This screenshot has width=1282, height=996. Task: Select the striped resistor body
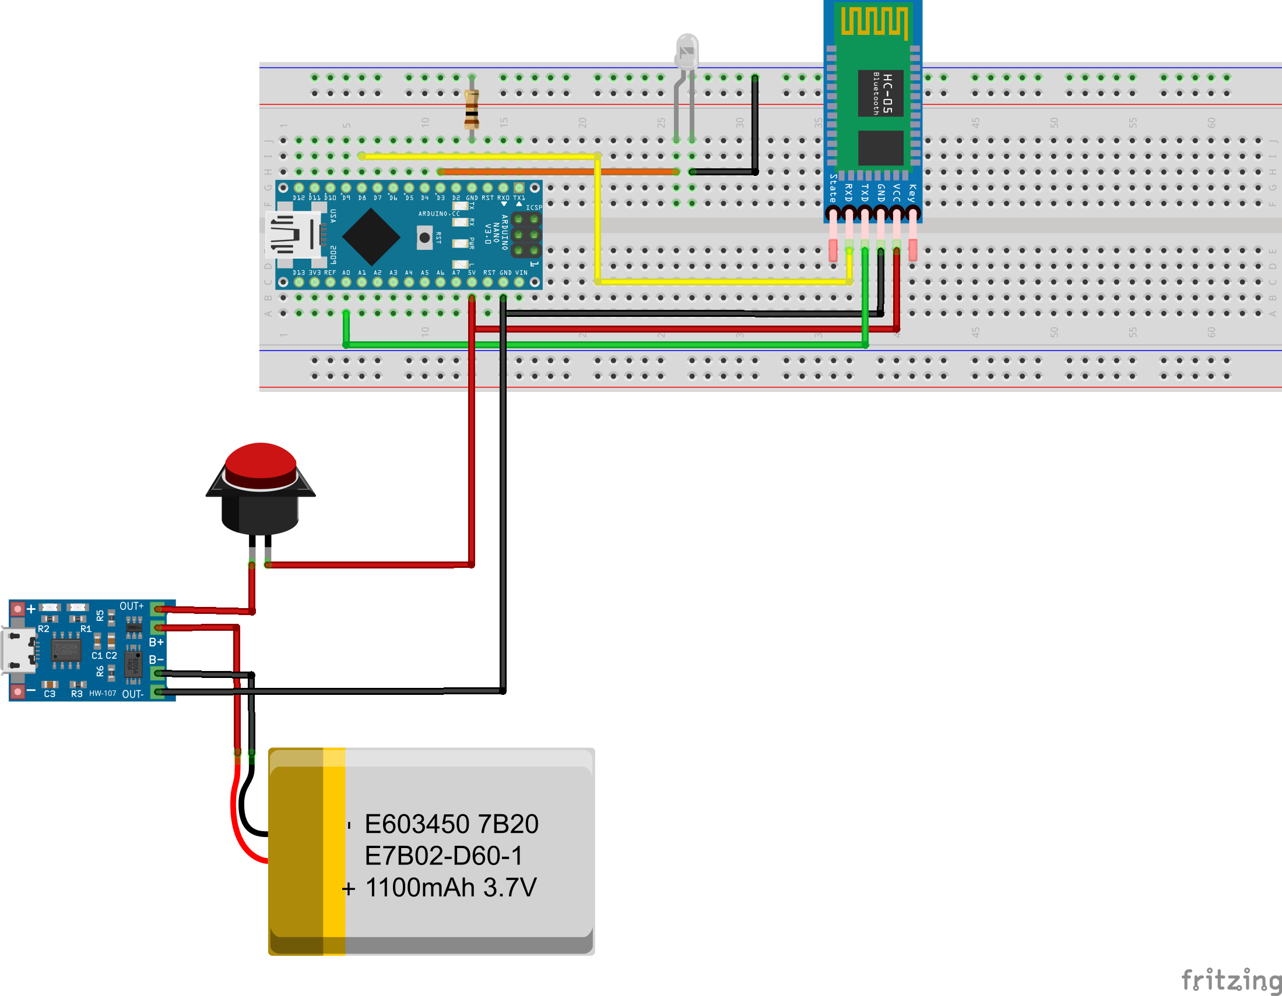pos(472,109)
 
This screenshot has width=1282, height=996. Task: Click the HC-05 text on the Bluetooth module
pos(887,93)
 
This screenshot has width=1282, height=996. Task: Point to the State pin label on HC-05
pos(833,188)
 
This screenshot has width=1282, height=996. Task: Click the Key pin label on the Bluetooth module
pos(912,192)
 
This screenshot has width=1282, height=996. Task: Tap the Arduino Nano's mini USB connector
pos(291,235)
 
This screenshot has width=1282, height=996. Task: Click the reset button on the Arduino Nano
pos(424,238)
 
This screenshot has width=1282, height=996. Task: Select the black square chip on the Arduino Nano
pos(371,237)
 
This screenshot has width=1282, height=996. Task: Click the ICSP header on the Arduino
pos(526,235)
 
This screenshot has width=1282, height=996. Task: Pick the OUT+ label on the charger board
pos(132,606)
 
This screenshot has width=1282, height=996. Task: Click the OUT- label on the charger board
pos(133,694)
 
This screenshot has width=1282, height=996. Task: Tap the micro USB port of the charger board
pos(16,651)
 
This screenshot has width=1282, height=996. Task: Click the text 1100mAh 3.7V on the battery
pos(450,888)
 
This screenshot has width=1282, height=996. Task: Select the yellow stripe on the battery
pos(334,850)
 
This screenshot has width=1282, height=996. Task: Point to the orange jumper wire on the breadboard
pos(558,172)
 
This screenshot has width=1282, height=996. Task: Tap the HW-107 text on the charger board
pos(103,693)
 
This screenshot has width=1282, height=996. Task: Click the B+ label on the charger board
pos(156,642)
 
